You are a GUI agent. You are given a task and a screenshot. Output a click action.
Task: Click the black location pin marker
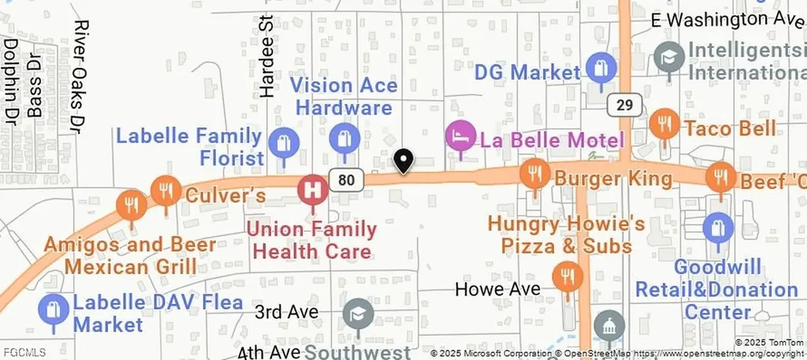403,161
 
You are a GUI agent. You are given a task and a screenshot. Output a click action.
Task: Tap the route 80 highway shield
347,180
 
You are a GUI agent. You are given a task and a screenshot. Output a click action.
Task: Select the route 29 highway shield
624,105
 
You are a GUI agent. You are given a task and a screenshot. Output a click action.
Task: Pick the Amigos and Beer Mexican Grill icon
131,205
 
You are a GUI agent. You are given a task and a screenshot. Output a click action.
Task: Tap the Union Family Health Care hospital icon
313,189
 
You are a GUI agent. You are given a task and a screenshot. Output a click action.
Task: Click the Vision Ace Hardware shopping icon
344,139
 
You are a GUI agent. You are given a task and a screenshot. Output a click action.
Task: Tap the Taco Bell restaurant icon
664,123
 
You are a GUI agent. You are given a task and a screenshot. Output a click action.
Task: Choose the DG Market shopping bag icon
601,68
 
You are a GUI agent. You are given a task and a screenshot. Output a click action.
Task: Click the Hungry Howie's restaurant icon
566,275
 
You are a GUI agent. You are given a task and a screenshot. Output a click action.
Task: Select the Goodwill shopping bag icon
717,228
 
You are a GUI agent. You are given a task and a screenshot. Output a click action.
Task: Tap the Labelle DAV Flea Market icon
54,309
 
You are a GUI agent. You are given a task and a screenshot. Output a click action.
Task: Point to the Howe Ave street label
498,289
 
